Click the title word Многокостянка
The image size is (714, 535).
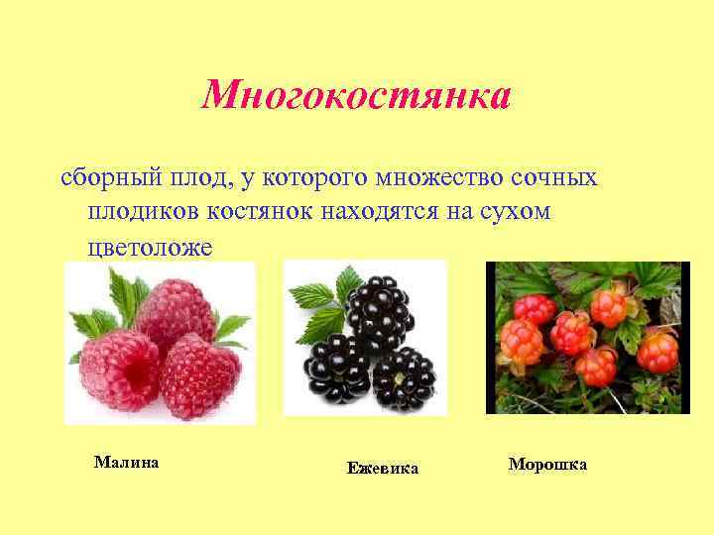356,95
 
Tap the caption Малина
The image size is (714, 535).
126,462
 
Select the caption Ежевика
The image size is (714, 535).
382,468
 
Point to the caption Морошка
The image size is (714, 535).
547,464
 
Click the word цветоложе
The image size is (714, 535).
149,248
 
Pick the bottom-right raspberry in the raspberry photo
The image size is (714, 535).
199,375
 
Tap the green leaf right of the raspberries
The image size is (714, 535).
232,328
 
